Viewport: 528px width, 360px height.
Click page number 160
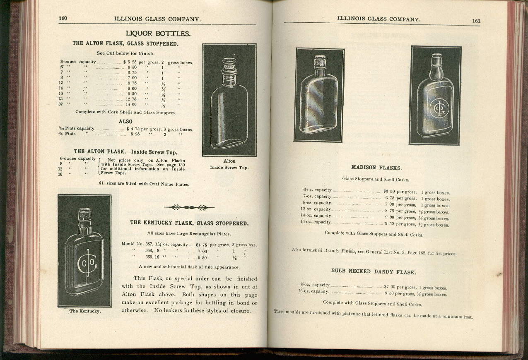pos(63,18)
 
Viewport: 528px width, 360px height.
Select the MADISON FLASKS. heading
pos(376,168)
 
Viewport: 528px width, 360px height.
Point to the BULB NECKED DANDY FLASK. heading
pos(374,272)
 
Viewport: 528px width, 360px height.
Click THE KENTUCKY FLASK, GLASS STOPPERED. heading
pos(189,223)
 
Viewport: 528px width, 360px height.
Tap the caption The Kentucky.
pos(84,311)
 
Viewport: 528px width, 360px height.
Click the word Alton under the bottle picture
pos(229,161)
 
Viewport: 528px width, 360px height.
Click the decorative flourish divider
pos(189,207)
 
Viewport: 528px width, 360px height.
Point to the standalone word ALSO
pos(125,121)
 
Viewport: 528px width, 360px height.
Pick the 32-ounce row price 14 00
pos(131,104)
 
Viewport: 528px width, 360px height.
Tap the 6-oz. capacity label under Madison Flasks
pos(317,190)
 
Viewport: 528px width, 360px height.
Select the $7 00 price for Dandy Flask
pos(388,286)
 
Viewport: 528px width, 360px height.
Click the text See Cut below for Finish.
pos(125,53)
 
